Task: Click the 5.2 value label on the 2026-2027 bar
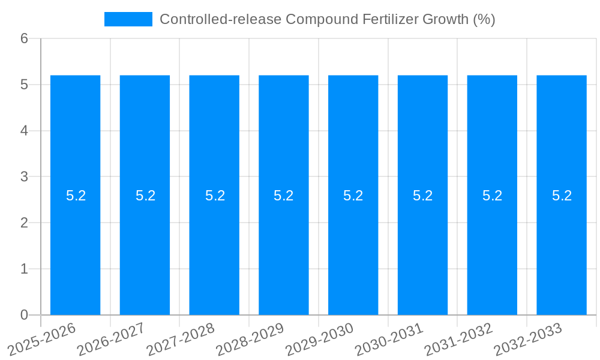click(x=145, y=196)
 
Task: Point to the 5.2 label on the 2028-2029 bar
click(x=284, y=196)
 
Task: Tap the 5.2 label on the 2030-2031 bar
click(x=422, y=196)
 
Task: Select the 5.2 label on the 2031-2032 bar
click(x=492, y=196)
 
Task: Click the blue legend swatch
click(x=128, y=19)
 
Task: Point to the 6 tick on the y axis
click(x=25, y=38)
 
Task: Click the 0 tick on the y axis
click(x=25, y=315)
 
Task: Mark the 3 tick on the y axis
click(x=25, y=177)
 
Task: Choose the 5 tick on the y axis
click(x=25, y=85)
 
